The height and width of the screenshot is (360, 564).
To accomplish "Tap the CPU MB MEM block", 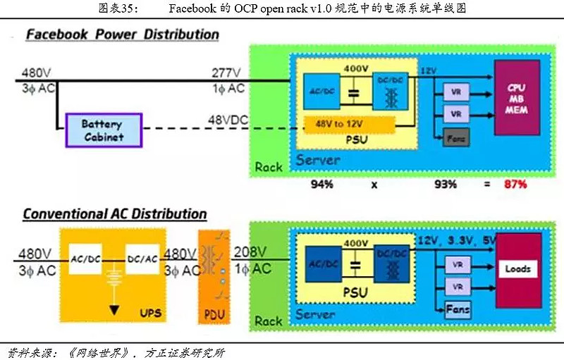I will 517,97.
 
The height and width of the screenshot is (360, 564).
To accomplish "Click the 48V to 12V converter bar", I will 349,124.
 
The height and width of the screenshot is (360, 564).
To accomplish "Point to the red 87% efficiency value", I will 514,185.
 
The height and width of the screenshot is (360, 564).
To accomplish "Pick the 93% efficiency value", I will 445,185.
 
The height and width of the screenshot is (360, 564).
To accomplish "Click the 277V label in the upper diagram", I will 227,72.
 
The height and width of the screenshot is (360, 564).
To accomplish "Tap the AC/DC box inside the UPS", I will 85,259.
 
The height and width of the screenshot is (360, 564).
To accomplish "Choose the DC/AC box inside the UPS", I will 142,259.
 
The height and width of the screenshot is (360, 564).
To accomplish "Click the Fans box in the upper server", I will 456,139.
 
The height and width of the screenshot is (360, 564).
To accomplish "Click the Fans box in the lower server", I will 458,310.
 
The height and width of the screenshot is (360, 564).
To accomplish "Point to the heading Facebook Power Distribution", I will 122,35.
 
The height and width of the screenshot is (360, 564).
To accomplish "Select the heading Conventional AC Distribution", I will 115,213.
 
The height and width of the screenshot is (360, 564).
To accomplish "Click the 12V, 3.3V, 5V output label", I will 458,242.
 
